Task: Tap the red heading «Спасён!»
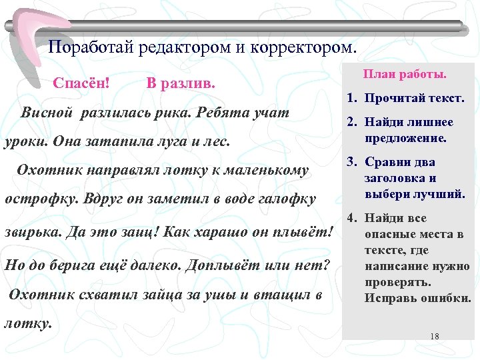coord(82,85)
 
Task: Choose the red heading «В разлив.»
coord(180,85)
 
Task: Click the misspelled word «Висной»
coord(49,112)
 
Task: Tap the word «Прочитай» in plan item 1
coord(393,99)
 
